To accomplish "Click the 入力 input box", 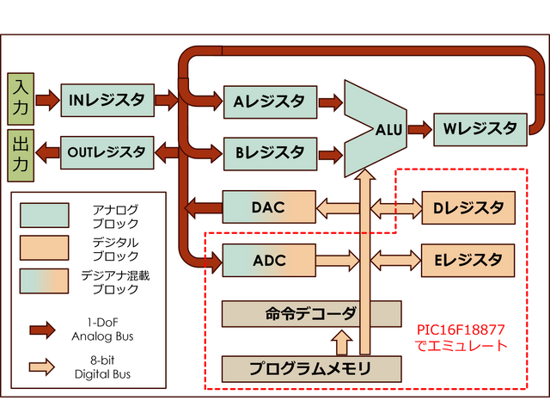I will (21, 96).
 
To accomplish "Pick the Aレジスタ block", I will (268, 102).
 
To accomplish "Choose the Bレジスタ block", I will (268, 153).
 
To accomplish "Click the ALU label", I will (389, 130).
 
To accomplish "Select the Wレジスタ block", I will (480, 129).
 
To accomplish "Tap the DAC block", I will (268, 206).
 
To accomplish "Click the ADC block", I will (268, 259).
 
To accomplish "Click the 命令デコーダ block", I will (311, 313).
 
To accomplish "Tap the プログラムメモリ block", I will (311, 368).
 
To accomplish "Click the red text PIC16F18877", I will (461, 330).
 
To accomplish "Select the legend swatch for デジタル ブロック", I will (45, 248).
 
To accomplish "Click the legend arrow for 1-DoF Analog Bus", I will (45, 328).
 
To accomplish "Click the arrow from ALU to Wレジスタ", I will (419, 130).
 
